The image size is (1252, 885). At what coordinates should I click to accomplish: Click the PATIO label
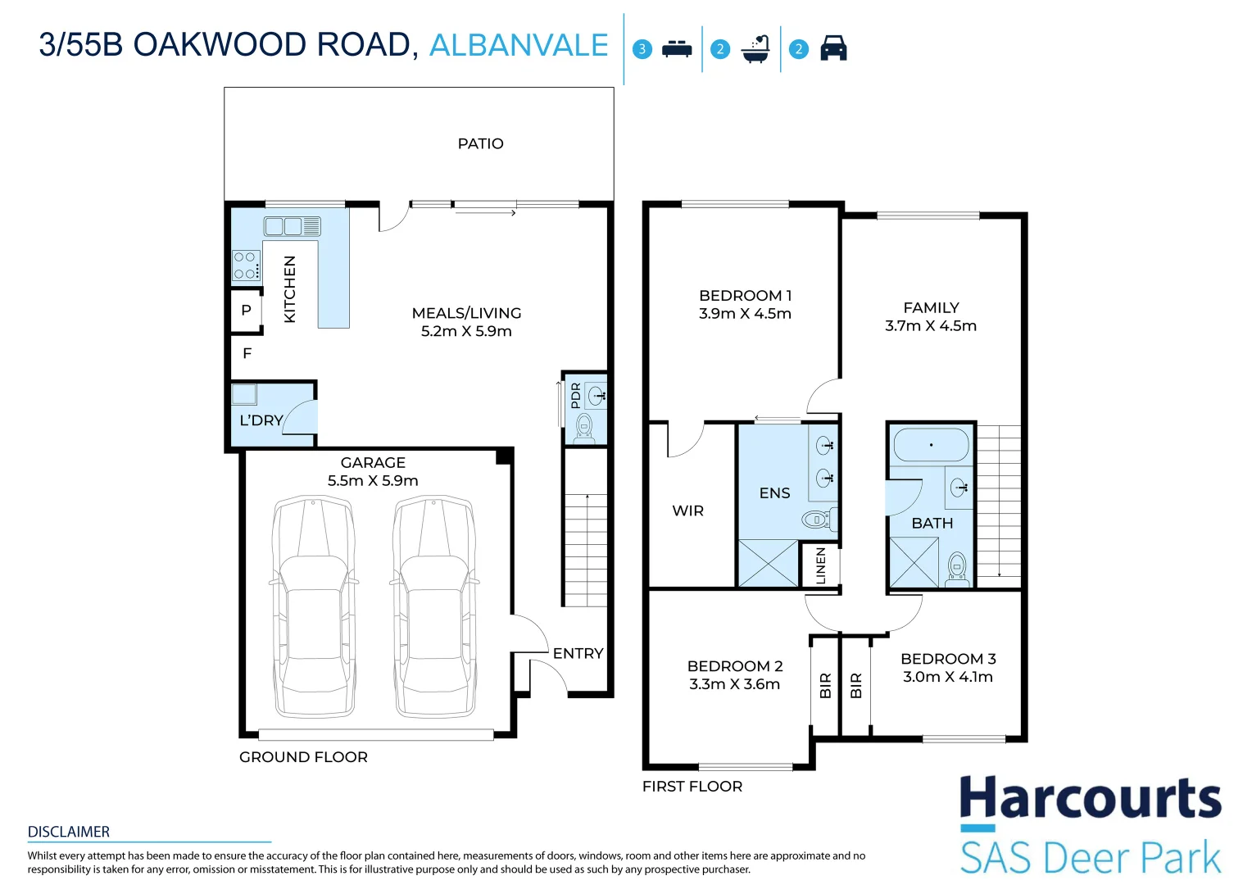pos(480,143)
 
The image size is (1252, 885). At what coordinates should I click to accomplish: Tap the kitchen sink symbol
pos(293,226)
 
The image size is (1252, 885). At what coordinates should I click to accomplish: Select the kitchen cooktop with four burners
pos(247,265)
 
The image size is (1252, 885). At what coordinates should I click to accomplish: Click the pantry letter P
pos(247,311)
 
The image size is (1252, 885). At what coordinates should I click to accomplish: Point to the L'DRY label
pos(261,420)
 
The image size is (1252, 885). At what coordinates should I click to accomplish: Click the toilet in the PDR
pos(585,429)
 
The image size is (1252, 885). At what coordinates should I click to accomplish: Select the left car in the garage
pos(314,606)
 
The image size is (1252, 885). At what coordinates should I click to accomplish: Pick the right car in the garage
pos(434,606)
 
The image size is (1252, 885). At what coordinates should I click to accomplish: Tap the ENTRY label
pos(578,654)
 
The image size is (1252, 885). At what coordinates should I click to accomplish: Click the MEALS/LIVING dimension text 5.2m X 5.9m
pos(466,331)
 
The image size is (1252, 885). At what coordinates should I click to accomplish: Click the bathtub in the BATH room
pos(931,445)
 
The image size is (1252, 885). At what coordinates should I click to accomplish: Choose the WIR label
pos(687,511)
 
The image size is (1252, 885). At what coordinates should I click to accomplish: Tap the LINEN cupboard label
pos(820,565)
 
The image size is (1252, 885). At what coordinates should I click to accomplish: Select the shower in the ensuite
pos(769,564)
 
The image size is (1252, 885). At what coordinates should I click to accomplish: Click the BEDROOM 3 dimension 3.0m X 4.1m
pos(948,677)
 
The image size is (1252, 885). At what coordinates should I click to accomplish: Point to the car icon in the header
pos(833,48)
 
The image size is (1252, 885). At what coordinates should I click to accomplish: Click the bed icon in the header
pos(677,48)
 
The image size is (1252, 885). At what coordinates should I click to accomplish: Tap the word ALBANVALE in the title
pos(519,45)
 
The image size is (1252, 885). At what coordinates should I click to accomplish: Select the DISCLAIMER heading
pos(69,832)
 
